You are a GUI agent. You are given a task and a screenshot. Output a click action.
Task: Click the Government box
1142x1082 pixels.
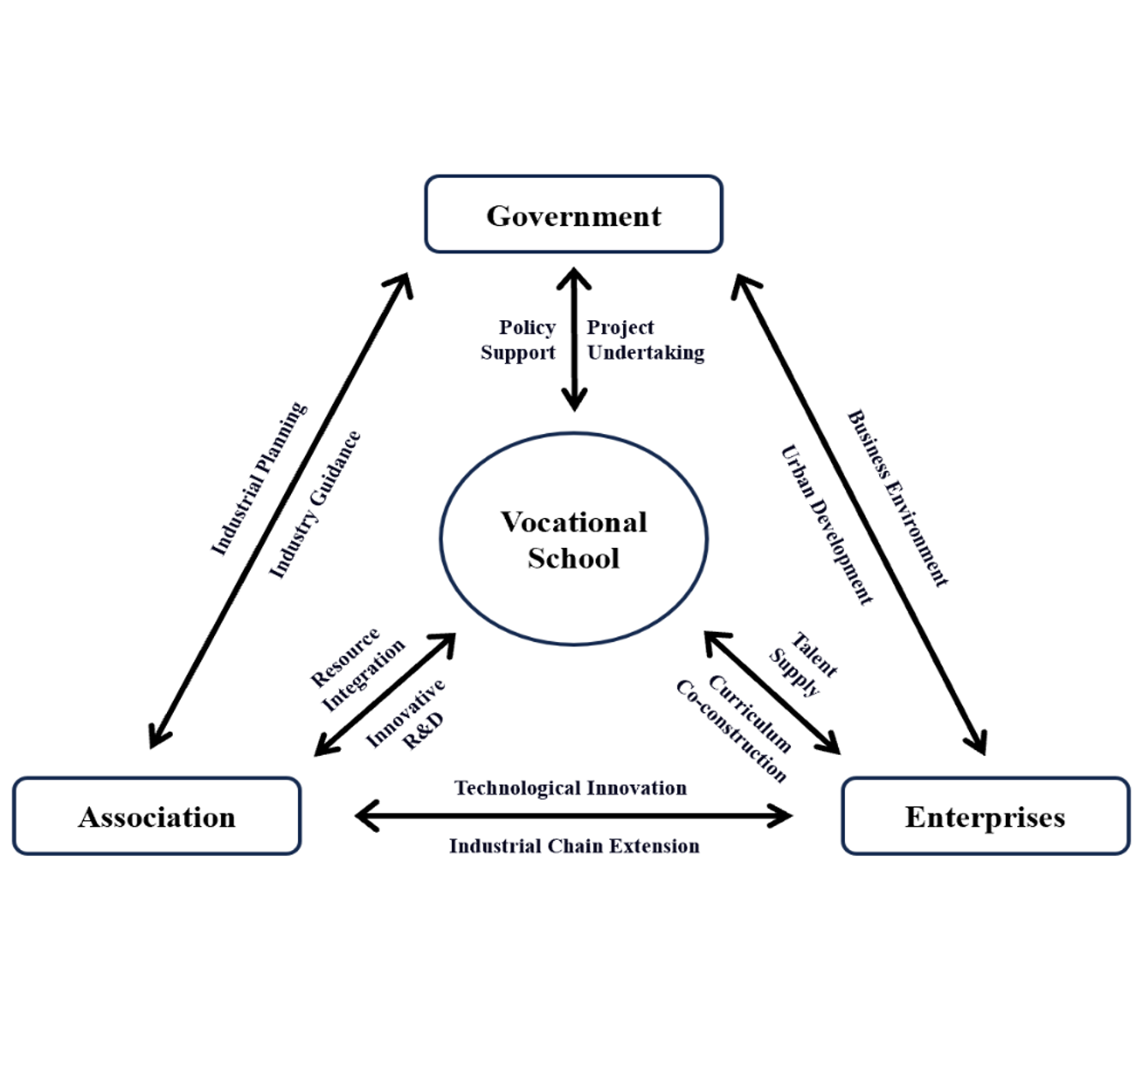[574, 215]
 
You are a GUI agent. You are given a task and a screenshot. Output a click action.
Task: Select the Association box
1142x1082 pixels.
[157, 817]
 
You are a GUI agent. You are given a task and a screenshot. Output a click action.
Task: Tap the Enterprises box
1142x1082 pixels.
[985, 817]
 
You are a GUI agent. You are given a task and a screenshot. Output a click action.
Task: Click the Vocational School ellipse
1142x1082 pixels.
[574, 539]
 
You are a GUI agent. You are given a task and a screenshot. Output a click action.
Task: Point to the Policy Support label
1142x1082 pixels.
[519, 340]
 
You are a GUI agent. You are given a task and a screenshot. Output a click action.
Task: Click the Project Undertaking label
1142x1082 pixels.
[645, 340]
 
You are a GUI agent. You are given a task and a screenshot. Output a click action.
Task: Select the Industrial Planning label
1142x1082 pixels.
[258, 479]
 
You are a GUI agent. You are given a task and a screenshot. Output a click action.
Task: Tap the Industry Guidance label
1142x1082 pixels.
[314, 505]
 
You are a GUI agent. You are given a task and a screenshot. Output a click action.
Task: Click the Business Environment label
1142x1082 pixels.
[898, 498]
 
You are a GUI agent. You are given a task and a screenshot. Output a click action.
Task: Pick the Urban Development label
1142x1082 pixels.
[827, 525]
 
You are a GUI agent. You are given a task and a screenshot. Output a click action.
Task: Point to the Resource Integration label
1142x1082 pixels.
[356, 669]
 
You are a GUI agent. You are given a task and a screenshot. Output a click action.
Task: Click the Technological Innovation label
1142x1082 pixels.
[570, 788]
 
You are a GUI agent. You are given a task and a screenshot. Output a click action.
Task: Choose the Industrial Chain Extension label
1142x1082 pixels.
[574, 846]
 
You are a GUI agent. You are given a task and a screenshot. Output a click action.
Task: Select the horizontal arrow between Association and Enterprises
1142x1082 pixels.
[574, 816]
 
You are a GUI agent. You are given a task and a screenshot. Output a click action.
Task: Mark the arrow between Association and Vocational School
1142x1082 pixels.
[384, 694]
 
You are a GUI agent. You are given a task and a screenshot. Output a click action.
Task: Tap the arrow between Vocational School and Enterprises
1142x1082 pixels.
[771, 693]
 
